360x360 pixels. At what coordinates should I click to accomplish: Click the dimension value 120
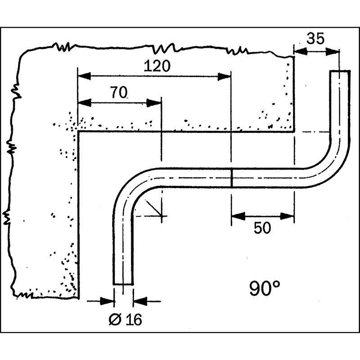[157, 66]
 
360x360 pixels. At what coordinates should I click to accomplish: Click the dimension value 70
[119, 92]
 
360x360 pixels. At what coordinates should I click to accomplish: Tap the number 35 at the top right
[316, 38]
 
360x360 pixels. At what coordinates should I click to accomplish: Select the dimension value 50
[262, 228]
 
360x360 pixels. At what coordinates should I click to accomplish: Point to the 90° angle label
[265, 288]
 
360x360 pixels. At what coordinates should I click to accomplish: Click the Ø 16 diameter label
[126, 319]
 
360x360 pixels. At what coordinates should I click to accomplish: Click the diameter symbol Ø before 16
[115, 319]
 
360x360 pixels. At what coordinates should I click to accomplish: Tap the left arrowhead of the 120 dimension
[84, 76]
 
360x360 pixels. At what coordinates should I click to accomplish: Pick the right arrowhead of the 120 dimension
[224, 77]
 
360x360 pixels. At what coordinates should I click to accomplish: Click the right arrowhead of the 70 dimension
[154, 103]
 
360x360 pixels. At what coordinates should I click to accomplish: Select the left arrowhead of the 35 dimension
[301, 51]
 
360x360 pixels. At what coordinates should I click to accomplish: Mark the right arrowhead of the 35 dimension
[333, 52]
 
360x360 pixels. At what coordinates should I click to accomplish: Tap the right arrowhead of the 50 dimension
[288, 216]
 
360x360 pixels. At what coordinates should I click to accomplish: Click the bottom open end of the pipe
[123, 284]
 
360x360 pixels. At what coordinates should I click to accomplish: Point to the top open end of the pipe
[340, 71]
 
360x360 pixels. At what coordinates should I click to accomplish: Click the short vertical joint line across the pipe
[232, 178]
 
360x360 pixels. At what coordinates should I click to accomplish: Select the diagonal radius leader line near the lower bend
[153, 208]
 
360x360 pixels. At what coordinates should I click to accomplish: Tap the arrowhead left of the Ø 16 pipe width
[108, 301]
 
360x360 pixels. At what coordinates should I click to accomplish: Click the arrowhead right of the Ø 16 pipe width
[140, 301]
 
